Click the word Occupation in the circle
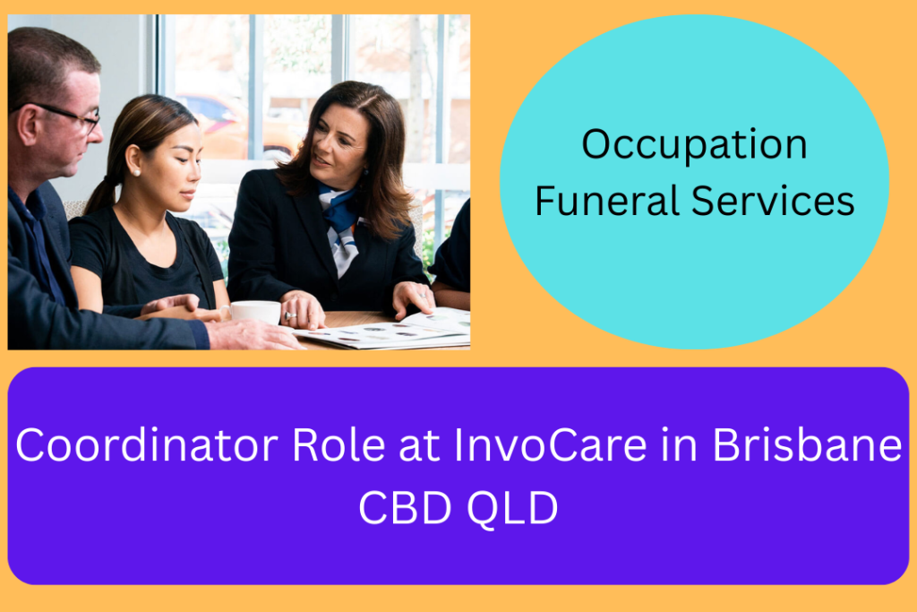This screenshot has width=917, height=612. click(694, 145)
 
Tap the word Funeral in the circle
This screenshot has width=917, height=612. click(607, 201)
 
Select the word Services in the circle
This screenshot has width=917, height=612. click(773, 201)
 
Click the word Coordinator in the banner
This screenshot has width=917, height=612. click(147, 444)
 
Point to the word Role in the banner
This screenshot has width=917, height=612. click(339, 444)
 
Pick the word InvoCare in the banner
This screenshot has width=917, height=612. click(550, 444)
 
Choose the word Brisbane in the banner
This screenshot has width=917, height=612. click(808, 444)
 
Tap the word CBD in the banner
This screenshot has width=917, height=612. click(405, 507)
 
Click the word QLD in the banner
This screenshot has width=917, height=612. click(512, 508)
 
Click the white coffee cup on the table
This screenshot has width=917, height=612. click(254, 312)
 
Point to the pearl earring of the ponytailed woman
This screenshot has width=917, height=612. click(137, 173)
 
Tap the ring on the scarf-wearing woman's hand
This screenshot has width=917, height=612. click(290, 316)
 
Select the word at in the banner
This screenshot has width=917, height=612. click(419, 446)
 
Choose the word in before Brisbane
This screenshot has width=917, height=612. click(680, 444)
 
